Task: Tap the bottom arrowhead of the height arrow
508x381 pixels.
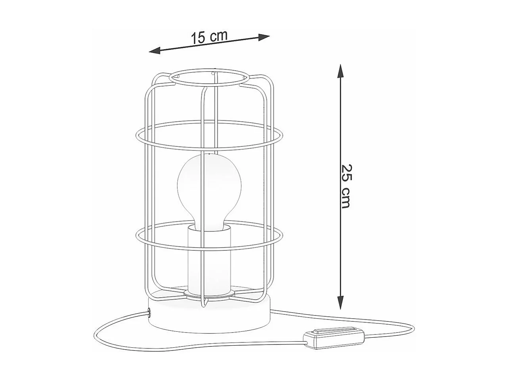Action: tap(340, 303)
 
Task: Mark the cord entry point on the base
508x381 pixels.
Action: tap(150, 314)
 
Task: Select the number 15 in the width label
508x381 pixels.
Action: tap(198, 38)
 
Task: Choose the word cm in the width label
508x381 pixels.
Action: tap(219, 35)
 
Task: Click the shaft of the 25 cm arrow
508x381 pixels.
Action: tap(340, 131)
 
